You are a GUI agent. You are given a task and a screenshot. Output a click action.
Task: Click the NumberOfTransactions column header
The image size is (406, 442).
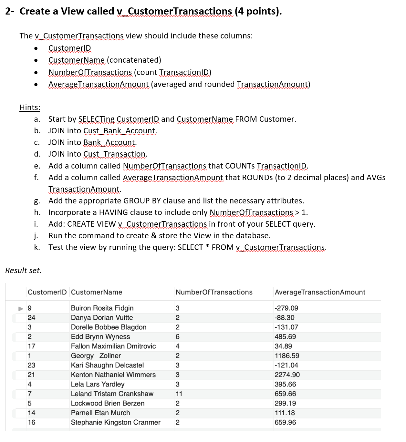pyautogui.click(x=214, y=292)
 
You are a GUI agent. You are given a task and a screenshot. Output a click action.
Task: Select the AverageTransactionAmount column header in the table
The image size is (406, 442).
pyautogui.click(x=320, y=292)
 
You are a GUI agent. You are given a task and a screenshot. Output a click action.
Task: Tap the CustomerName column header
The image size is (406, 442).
pyautogui.click(x=97, y=292)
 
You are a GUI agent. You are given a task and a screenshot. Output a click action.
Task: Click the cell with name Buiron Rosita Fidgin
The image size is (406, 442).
pyautogui.click(x=102, y=308)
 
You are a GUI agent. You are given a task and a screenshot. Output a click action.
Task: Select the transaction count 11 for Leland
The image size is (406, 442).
pyautogui.click(x=179, y=394)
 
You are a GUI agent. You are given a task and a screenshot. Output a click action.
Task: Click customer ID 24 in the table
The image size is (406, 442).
pyautogui.click(x=31, y=318)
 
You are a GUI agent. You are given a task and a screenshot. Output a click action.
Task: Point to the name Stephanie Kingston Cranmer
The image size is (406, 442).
pyautogui.click(x=116, y=422)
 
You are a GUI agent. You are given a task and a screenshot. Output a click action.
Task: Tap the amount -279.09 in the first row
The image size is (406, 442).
pyautogui.click(x=286, y=308)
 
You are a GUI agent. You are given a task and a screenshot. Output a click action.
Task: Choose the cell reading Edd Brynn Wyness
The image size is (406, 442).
pyautogui.click(x=100, y=337)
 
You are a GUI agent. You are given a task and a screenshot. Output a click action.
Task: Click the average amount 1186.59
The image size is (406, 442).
pyautogui.click(x=287, y=356)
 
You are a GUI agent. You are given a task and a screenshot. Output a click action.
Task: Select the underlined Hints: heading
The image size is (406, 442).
pyautogui.click(x=30, y=108)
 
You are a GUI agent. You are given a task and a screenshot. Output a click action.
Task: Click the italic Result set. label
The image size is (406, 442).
pyautogui.click(x=23, y=271)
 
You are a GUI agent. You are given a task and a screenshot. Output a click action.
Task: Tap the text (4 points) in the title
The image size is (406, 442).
pyautogui.click(x=258, y=11)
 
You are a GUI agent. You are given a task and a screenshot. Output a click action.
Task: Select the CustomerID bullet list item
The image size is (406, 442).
pyautogui.click(x=70, y=48)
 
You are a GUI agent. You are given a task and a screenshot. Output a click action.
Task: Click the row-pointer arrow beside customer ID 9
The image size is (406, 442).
pyautogui.click(x=21, y=308)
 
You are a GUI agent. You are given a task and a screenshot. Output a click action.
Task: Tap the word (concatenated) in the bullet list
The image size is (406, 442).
pyautogui.click(x=134, y=60)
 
